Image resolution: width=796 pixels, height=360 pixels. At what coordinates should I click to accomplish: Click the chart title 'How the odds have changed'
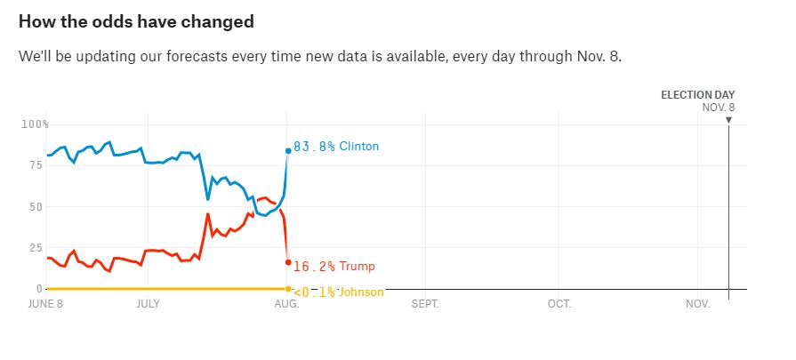click(x=136, y=21)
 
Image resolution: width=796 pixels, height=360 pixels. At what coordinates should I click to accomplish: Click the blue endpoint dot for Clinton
click(x=288, y=151)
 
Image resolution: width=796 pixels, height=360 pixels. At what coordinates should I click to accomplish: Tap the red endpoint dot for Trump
click(x=288, y=262)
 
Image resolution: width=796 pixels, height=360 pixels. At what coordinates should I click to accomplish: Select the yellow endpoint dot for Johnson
click(x=288, y=289)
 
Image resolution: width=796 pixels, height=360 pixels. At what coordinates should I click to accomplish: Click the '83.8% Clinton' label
click(x=335, y=147)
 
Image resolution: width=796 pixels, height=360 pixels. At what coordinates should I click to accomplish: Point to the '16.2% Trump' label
click(x=334, y=266)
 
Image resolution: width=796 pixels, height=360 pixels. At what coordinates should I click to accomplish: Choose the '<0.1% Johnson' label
click(x=338, y=292)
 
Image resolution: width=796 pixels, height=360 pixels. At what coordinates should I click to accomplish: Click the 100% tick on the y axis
click(x=36, y=124)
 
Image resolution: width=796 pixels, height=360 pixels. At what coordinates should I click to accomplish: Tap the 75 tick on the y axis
click(x=36, y=165)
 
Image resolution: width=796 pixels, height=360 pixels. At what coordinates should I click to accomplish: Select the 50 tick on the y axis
click(x=36, y=206)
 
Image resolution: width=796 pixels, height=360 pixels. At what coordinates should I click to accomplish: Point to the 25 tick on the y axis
click(x=36, y=248)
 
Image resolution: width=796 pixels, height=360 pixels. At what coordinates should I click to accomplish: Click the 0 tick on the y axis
click(x=38, y=289)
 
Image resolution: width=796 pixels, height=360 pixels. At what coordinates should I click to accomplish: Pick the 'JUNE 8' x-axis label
click(x=46, y=304)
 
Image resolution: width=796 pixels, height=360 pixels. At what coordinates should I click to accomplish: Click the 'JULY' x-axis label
click(x=148, y=304)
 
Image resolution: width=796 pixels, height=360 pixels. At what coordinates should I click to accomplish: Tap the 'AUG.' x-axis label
click(x=286, y=304)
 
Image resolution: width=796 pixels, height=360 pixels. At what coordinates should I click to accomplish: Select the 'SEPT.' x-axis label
click(x=425, y=304)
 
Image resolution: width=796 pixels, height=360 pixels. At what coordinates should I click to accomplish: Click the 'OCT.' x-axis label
click(x=559, y=304)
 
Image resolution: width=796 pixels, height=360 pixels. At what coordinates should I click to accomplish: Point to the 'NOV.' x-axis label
click(x=698, y=304)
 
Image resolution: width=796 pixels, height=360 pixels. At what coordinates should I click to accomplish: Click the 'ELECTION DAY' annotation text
click(x=697, y=95)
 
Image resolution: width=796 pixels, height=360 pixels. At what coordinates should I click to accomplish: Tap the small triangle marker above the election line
click(x=728, y=119)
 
